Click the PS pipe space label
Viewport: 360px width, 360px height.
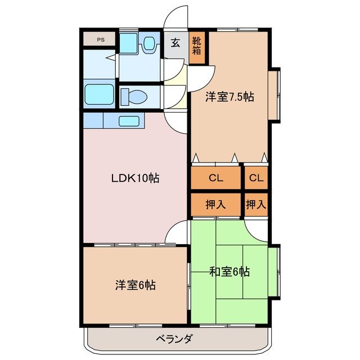[100, 39]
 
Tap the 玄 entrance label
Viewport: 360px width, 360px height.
[175, 43]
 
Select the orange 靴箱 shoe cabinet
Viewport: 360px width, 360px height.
[197, 45]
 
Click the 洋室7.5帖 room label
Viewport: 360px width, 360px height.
[229, 97]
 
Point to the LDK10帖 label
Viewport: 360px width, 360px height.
[134, 178]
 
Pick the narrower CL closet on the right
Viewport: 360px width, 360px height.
[256, 178]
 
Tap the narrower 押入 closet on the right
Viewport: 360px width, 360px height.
[256, 205]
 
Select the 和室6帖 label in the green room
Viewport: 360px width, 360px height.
[229, 272]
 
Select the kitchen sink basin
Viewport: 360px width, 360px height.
[129, 120]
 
